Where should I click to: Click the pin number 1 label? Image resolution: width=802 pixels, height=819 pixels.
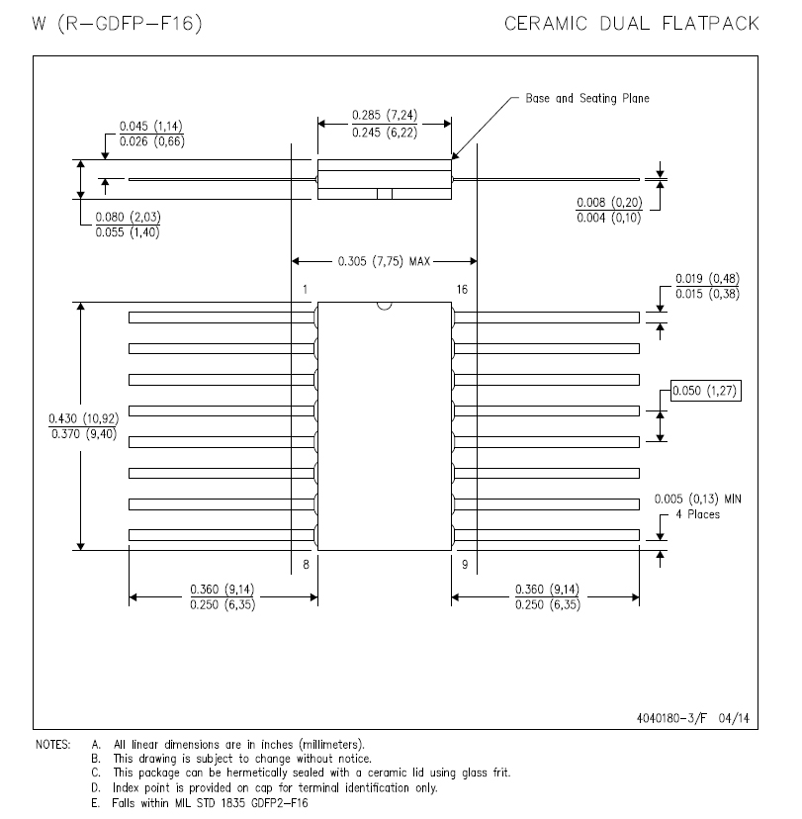coord(305,290)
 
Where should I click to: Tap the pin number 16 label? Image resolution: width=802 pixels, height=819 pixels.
coord(462,290)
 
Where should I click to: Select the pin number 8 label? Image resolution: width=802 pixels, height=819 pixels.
coord(306,564)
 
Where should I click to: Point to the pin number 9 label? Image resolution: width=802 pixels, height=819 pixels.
coord(465,564)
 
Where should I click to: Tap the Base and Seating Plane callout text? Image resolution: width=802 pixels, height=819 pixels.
coord(587,98)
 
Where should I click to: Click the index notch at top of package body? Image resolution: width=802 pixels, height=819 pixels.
coord(385,306)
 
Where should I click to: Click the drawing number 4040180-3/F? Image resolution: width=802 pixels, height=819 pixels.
coord(671,718)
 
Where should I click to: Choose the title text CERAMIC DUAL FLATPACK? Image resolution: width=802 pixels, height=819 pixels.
coord(632,24)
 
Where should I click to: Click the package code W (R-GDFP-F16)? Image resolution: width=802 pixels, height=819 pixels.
coord(117,24)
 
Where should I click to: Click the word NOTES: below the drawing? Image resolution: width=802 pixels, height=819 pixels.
coord(52,744)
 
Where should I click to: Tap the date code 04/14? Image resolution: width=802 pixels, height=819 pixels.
coord(734,718)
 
